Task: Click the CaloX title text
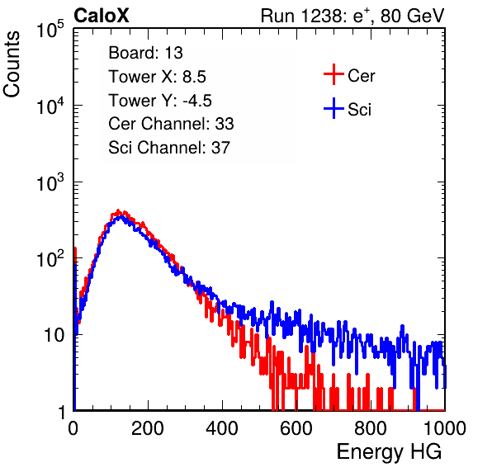(x=101, y=16)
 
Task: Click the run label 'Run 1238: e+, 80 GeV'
(x=352, y=16)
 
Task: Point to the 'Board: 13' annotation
(x=145, y=53)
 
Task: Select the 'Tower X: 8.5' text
(x=157, y=77)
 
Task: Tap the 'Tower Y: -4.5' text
(x=160, y=101)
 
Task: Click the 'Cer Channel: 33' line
(x=171, y=124)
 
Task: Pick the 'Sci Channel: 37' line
(x=169, y=148)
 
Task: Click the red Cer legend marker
(x=334, y=74)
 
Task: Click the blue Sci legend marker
(x=334, y=109)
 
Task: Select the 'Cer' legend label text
(x=361, y=76)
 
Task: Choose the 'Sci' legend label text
(x=359, y=110)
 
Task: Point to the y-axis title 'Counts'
(x=12, y=64)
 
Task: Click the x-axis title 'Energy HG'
(x=389, y=451)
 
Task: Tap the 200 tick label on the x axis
(x=148, y=428)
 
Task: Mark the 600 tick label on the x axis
(x=296, y=428)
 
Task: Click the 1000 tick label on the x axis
(x=445, y=428)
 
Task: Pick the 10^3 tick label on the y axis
(x=50, y=182)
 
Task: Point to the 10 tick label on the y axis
(x=54, y=335)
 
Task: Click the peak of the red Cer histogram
(x=118, y=210)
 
